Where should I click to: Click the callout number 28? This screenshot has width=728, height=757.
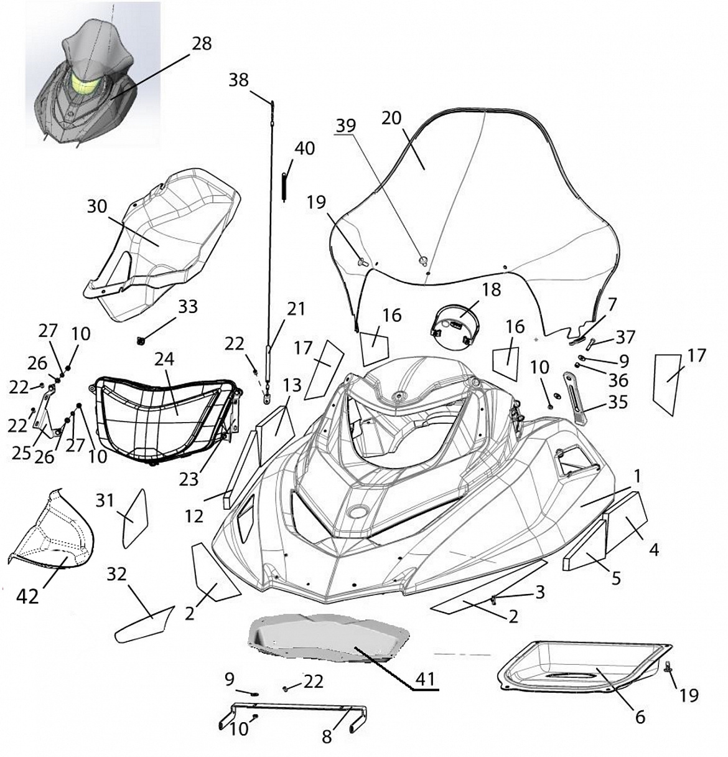pyautogui.click(x=201, y=44)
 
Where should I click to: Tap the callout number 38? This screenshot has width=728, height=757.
pyautogui.click(x=239, y=80)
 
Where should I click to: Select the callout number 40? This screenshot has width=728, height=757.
pyautogui.click(x=304, y=148)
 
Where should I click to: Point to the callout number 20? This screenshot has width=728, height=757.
pyautogui.click(x=391, y=118)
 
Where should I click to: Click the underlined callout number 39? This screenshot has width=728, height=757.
pyautogui.click(x=346, y=126)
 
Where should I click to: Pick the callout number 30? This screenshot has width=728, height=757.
pyautogui.click(x=97, y=207)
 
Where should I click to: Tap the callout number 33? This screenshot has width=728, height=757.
pyautogui.click(x=188, y=306)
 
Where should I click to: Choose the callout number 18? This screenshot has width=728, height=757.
pyautogui.click(x=492, y=289)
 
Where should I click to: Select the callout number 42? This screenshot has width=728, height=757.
pyautogui.click(x=28, y=596)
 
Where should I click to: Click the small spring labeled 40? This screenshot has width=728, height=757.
pyautogui.click(x=284, y=187)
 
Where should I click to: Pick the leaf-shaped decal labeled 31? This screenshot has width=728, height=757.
pyautogui.click(x=135, y=518)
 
